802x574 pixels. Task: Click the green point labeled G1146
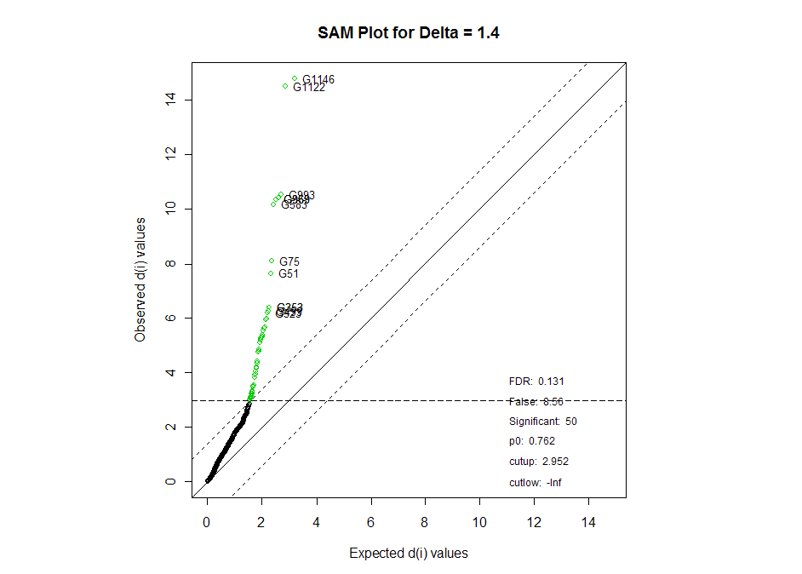[295, 79]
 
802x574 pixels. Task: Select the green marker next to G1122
[285, 86]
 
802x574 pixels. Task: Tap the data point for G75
[272, 261]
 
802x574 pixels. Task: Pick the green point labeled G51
[271, 273]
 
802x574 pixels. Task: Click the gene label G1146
[318, 80]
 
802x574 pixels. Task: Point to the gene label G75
[289, 261]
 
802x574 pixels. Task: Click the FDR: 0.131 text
[536, 382]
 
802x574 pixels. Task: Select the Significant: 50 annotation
[542, 422]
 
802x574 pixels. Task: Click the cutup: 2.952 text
[538, 462]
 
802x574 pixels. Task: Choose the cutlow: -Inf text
[535, 483]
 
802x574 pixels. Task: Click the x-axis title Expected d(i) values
[409, 554]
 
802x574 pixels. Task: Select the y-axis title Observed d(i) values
[140, 279]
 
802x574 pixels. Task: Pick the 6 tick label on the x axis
[370, 520]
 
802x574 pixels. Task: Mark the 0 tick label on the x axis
[207, 520]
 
